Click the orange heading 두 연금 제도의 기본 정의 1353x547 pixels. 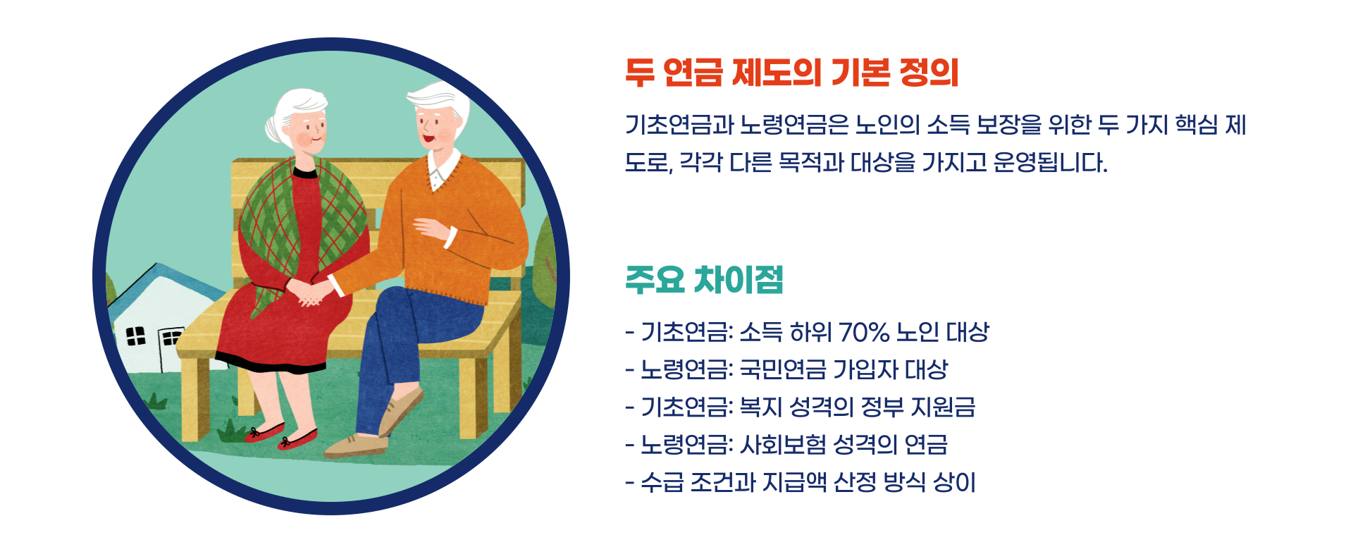[791, 73]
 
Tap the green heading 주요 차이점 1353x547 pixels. [704, 280]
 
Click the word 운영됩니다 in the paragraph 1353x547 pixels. [1049, 163]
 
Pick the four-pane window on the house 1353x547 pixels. [135, 336]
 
